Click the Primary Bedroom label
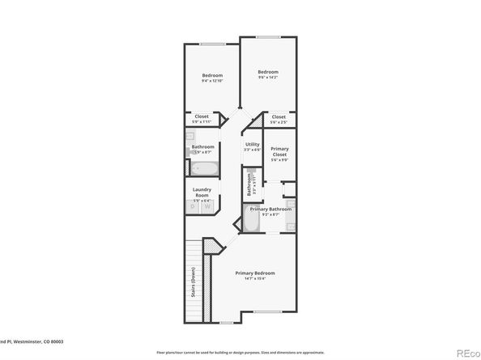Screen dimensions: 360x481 [249, 273]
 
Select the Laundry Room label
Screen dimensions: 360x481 [202, 193]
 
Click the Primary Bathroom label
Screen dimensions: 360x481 [270, 210]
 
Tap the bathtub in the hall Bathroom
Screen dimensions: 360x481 [204, 169]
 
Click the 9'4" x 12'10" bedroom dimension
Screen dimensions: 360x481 [212, 81]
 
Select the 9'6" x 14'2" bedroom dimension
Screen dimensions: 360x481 [268, 78]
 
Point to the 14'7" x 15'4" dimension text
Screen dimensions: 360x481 [249, 279]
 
